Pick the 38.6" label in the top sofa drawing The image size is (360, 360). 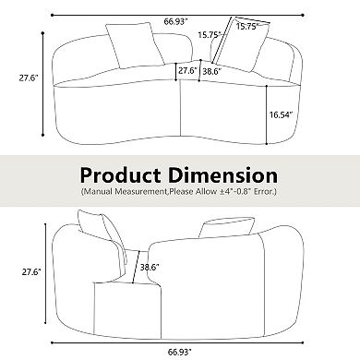pos(211,70)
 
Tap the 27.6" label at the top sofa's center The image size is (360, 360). pos(187,70)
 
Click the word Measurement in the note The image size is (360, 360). pos(152,192)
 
